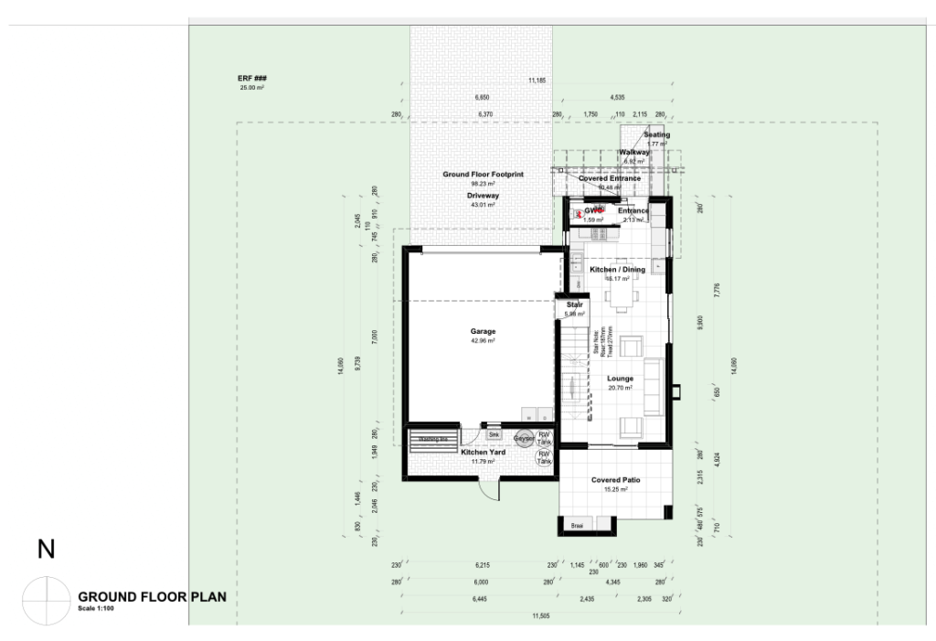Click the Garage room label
click(x=483, y=331)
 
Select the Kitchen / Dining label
click(x=617, y=270)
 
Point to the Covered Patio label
click(x=614, y=480)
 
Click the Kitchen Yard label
click(x=483, y=453)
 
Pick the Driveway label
click(x=483, y=196)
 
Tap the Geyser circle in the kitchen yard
click(x=524, y=438)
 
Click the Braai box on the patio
click(x=577, y=526)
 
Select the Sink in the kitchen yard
click(x=494, y=434)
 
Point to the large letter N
click(x=46, y=549)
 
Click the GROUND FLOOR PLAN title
click(x=152, y=596)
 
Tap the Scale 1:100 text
click(x=96, y=608)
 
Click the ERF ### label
click(x=251, y=80)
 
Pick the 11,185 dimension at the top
click(x=537, y=81)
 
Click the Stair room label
click(x=574, y=304)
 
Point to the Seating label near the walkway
click(x=656, y=135)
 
